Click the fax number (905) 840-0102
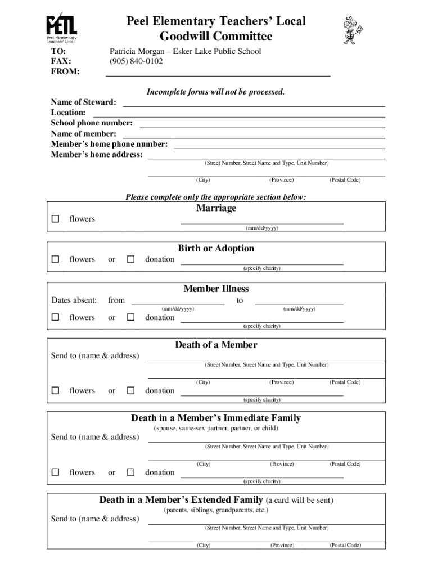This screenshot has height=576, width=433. click(136, 61)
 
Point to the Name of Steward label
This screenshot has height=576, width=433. click(84, 102)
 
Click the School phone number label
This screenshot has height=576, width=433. click(92, 123)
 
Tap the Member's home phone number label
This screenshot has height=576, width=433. click(109, 144)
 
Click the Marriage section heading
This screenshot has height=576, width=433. click(216, 209)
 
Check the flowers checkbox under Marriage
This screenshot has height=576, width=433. click(55, 219)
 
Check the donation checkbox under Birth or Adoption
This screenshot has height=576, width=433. click(130, 259)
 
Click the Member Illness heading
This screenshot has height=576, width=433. click(216, 289)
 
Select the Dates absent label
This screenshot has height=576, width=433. click(74, 300)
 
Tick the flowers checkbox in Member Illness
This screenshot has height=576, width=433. click(55, 318)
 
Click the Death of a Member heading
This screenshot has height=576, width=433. click(216, 345)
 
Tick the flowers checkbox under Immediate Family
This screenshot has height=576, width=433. click(55, 472)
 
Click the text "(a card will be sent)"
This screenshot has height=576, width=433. click(299, 500)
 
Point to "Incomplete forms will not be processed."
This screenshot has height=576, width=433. click(216, 92)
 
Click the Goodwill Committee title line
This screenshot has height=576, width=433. click(216, 37)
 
